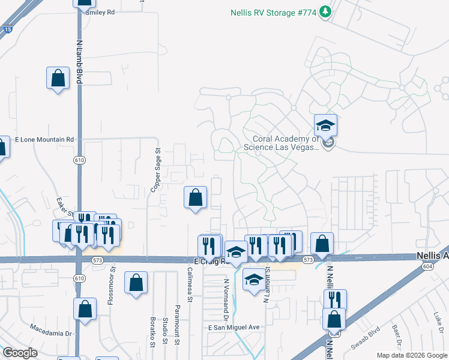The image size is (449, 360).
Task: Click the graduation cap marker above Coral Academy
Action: click(325, 125)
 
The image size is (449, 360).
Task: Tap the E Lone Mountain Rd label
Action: click(44, 139)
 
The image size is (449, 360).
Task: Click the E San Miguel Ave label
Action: click(234, 328)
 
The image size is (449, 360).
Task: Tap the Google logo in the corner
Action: click(20, 352)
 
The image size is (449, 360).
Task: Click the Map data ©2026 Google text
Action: click(411, 355)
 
